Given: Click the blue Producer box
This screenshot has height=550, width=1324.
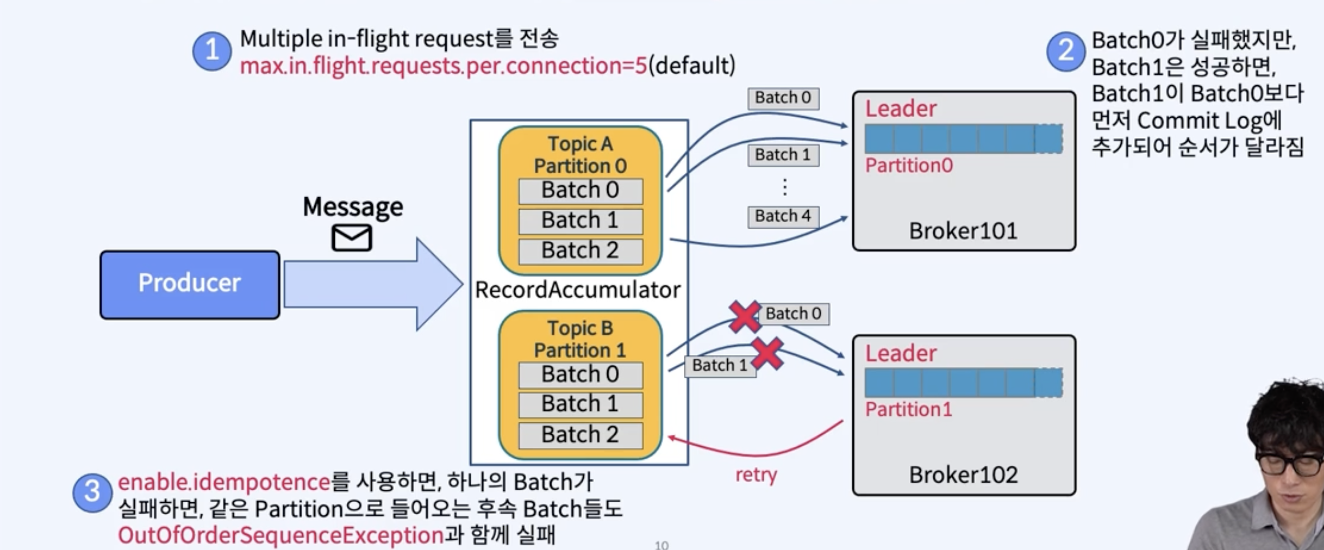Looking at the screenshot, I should pyautogui.click(x=190, y=284).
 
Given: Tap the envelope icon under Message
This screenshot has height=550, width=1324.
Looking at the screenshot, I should pyautogui.click(x=351, y=238).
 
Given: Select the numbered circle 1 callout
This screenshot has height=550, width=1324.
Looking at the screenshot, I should pyautogui.click(x=212, y=51).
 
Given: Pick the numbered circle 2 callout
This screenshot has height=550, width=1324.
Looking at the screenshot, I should pyautogui.click(x=1065, y=51).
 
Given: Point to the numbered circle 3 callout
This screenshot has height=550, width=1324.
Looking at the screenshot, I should pyautogui.click(x=92, y=492).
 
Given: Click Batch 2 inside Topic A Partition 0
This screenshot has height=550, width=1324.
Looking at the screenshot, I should pyautogui.click(x=580, y=251).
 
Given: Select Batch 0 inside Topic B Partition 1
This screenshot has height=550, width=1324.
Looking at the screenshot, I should pyautogui.click(x=580, y=375).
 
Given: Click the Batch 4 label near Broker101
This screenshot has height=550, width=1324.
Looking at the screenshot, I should pyautogui.click(x=783, y=216).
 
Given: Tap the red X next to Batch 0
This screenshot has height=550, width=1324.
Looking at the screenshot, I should pyautogui.click(x=744, y=317).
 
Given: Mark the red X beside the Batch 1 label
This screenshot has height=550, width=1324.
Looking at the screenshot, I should pyautogui.click(x=768, y=354).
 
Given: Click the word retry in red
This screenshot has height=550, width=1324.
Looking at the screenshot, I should pyautogui.click(x=756, y=474).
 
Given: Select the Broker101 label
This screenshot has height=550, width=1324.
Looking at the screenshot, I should pyautogui.click(x=963, y=231).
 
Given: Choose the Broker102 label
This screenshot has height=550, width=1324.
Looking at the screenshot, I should pyautogui.click(x=963, y=475).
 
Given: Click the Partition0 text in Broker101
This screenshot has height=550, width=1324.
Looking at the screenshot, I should pyautogui.click(x=909, y=166).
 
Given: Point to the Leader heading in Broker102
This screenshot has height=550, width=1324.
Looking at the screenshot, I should pyautogui.click(x=901, y=353).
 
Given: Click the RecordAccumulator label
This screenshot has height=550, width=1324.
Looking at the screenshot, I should pyautogui.click(x=578, y=290).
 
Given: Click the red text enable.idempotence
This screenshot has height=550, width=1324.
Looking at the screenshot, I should pyautogui.click(x=224, y=482).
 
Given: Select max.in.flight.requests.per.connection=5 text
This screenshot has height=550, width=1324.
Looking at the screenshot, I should pyautogui.click(x=443, y=66).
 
